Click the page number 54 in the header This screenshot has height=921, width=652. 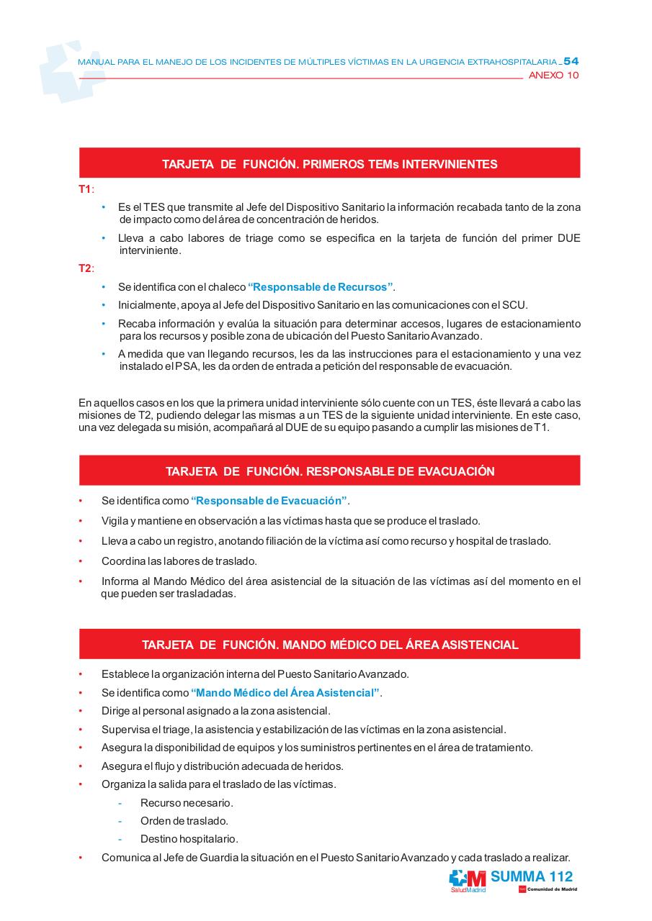click(571, 61)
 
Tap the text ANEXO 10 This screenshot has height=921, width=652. click(553, 75)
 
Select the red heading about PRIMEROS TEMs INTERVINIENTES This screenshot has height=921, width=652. click(329, 164)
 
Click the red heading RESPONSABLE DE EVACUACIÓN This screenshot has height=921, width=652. click(329, 471)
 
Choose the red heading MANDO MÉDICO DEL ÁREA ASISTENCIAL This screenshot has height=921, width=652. click(329, 645)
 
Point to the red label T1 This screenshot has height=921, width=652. click(85, 189)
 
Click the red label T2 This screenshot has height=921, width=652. click(85, 268)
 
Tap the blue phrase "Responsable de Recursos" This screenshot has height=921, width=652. click(321, 287)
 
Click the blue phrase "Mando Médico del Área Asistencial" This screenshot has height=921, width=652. click(286, 693)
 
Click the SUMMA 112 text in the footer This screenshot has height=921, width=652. click(532, 876)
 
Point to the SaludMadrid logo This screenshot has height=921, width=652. click(468, 881)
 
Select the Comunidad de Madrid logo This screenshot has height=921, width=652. click(548, 889)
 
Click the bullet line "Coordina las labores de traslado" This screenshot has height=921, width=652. click(179, 561)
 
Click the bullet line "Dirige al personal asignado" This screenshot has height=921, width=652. click(215, 711)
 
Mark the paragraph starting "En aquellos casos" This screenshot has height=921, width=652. click(329, 414)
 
